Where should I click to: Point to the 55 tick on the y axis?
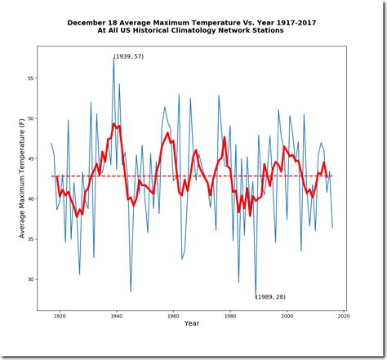tap(30, 78)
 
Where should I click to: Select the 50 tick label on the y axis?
tap(30, 118)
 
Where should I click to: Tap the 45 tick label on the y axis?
tap(30, 158)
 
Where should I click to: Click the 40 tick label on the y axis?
tap(30, 198)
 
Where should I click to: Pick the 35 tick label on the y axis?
tap(30, 239)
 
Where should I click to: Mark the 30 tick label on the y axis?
tap(30, 279)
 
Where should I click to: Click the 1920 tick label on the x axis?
tap(59, 315)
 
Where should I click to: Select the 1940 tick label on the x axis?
tap(115, 315)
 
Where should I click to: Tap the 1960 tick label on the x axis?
tap(172, 315)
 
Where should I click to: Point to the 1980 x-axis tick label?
tap(229, 315)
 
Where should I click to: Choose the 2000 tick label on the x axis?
tap(287, 315)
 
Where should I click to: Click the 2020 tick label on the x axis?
tap(343, 315)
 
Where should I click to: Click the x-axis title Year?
tap(192, 324)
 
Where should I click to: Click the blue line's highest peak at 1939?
tap(113, 58)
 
